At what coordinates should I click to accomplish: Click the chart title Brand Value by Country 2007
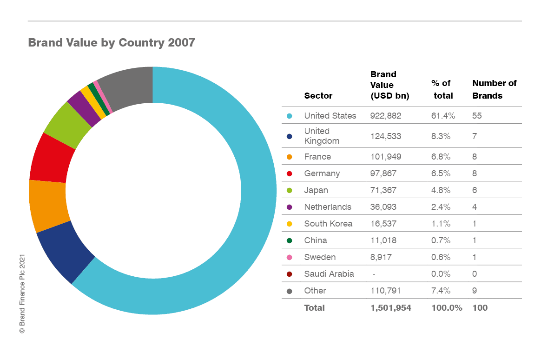pyautogui.click(x=112, y=43)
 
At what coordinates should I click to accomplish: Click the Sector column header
pyautogui.click(x=318, y=96)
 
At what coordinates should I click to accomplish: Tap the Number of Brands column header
pyautogui.click(x=494, y=89)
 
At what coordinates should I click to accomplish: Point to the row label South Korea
pyautogui.click(x=328, y=224)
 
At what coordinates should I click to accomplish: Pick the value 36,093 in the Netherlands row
pyautogui.click(x=383, y=207)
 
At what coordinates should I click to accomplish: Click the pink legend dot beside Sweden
pyautogui.click(x=289, y=257)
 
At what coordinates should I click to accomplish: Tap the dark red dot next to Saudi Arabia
pyautogui.click(x=289, y=274)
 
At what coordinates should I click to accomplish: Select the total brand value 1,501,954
pyautogui.click(x=390, y=307)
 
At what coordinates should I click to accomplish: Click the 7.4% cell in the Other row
pyautogui.click(x=441, y=291)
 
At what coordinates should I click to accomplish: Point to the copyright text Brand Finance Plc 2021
pyautogui.click(x=21, y=293)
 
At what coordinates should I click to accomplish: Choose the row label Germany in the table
pyautogui.click(x=322, y=173)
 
